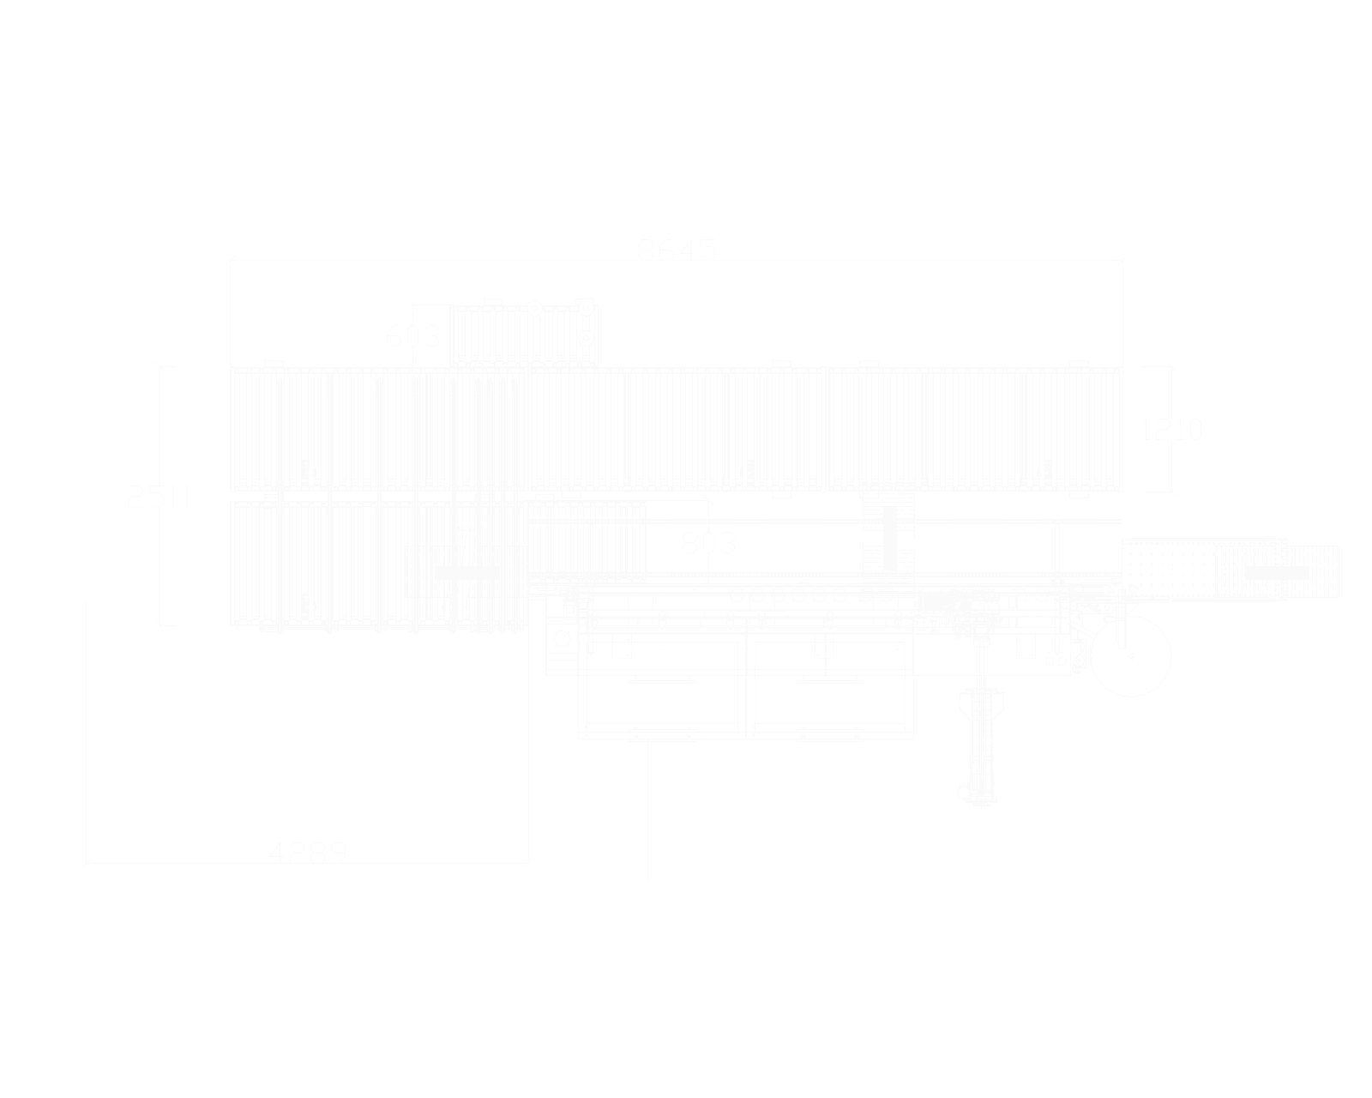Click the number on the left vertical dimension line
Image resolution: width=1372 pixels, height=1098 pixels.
point(157,495)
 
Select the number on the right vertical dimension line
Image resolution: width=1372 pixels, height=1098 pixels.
point(1173,431)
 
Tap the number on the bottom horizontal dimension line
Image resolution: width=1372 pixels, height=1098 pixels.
point(309,848)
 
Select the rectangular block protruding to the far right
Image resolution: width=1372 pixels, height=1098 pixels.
point(1231,570)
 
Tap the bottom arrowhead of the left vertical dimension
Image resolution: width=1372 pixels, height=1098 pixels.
point(164,630)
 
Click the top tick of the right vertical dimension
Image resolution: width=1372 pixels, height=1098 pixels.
point(1158,365)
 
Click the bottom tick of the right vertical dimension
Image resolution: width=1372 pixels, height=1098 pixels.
point(1158,492)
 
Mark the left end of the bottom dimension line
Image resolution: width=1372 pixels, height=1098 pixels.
point(86,858)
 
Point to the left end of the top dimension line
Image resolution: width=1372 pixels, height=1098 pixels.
point(229,256)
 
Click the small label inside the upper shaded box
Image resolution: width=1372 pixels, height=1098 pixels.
point(414,335)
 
